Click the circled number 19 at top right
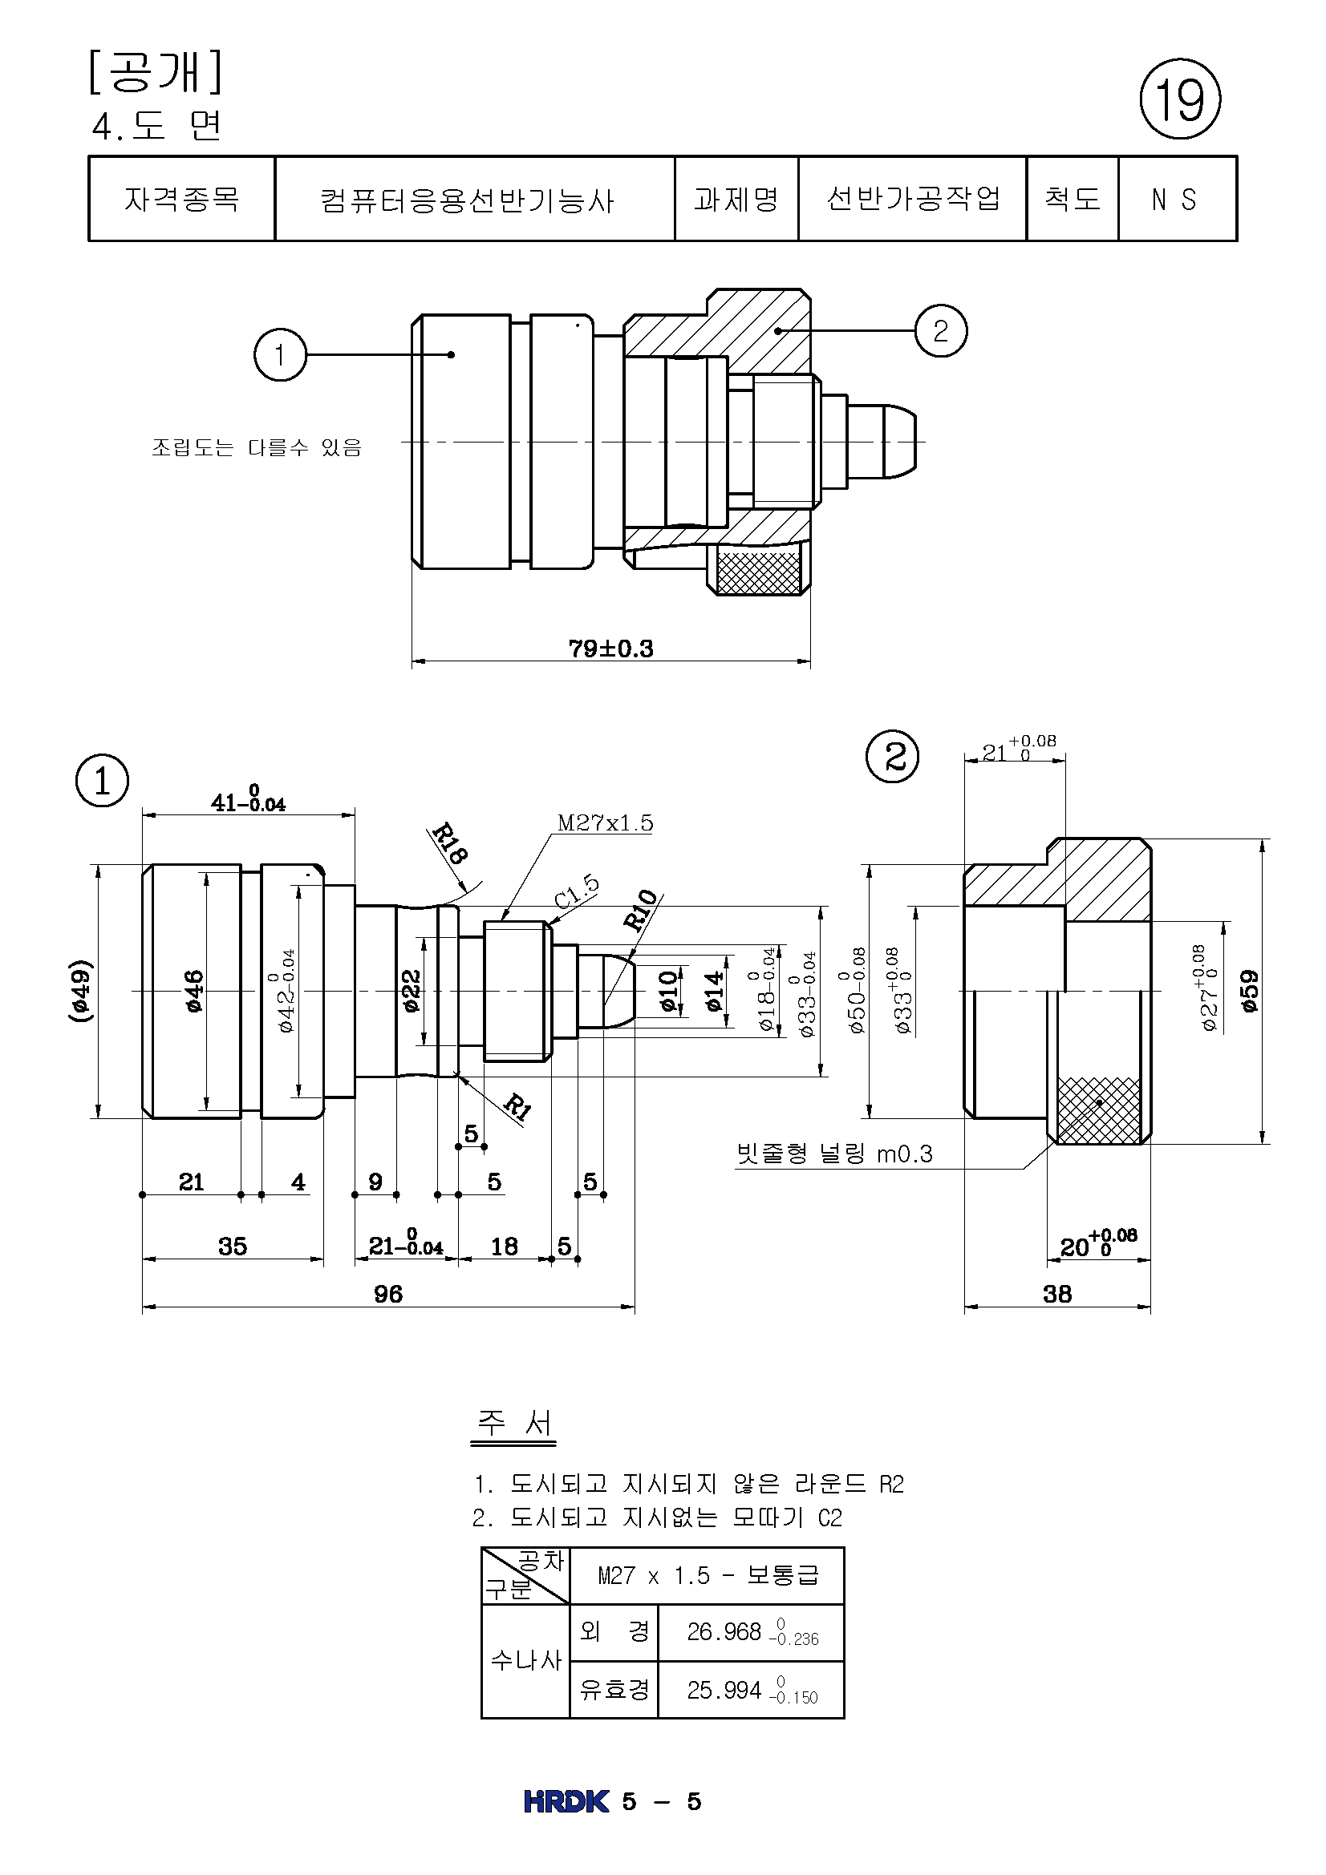1179,99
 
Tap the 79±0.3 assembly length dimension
610,649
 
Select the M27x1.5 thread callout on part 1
605,822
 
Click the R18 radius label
448,843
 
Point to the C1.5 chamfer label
577,891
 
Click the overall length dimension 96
388,1294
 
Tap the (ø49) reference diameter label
80,991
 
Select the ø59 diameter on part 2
1249,991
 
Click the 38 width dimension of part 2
1056,1294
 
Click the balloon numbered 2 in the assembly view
940,331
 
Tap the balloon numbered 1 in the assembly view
280,354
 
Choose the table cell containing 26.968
751,1631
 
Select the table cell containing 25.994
751,1690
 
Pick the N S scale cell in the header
1176,200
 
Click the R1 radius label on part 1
517,1106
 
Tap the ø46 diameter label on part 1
193,991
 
